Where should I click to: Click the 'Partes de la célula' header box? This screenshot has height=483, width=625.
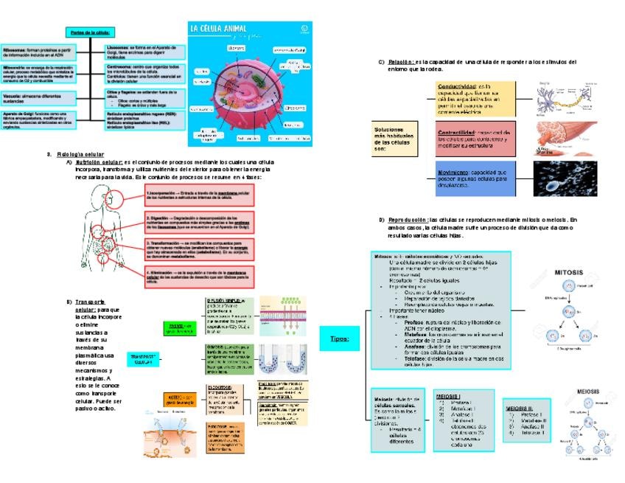coord(91,32)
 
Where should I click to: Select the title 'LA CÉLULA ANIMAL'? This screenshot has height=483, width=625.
coord(224,29)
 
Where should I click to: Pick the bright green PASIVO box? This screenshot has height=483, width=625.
coord(180,327)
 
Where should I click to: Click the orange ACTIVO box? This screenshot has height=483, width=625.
coord(180,400)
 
